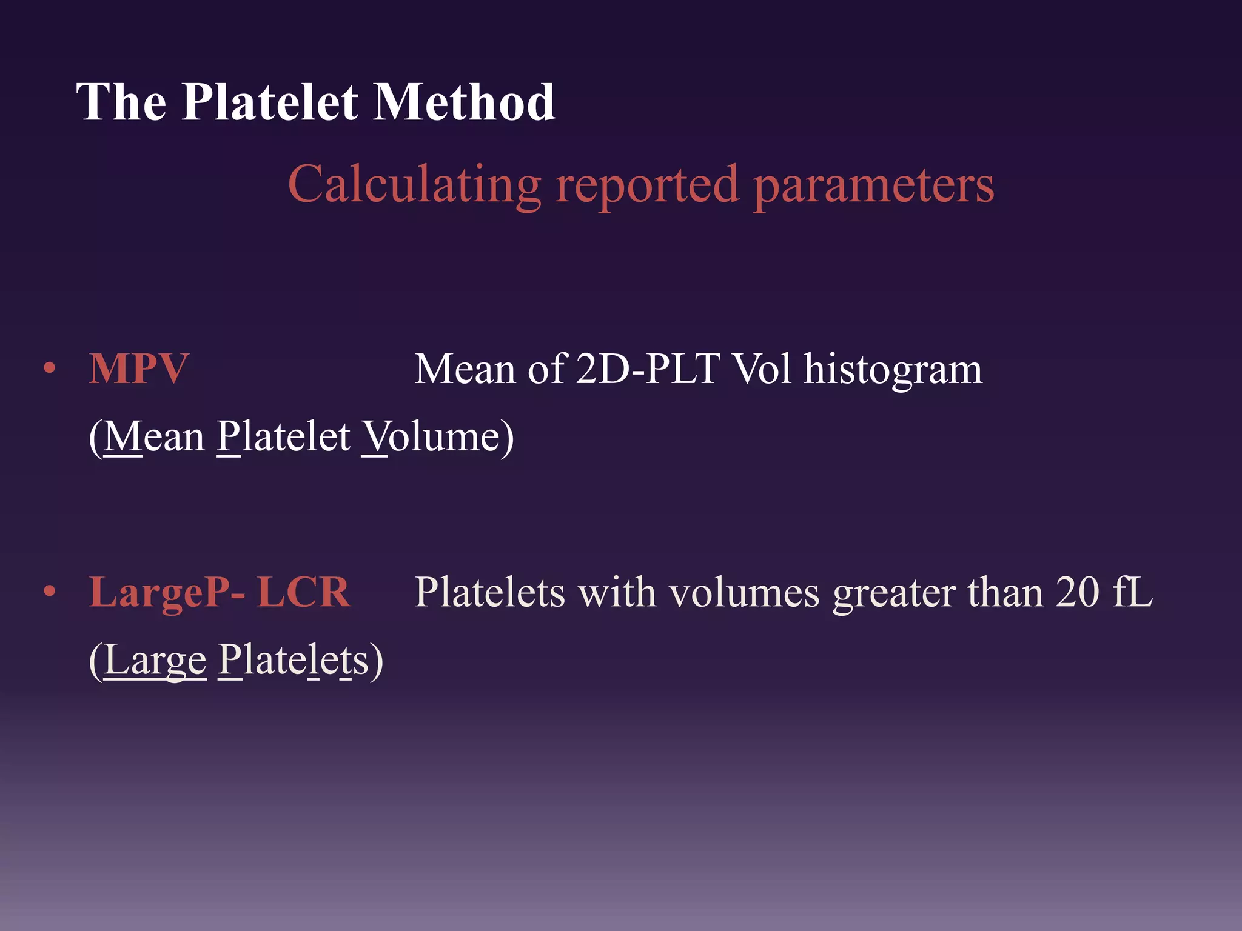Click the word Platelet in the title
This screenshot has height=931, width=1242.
click(270, 102)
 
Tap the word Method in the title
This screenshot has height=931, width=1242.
click(464, 102)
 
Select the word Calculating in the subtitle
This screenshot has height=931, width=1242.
click(414, 184)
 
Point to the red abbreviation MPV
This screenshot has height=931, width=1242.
click(139, 369)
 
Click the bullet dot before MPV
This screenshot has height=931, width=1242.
click(50, 368)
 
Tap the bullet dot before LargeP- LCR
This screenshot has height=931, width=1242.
click(50, 591)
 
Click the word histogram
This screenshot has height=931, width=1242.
click(893, 370)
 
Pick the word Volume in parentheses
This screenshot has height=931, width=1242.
click(432, 436)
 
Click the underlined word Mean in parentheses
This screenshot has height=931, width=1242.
click(154, 436)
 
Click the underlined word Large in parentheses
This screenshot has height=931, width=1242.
click(155, 661)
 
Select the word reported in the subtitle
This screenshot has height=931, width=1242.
click(647, 185)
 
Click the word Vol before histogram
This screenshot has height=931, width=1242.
click(762, 369)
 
